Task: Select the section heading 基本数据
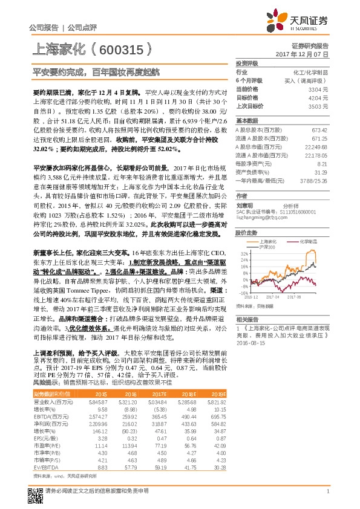(x=247, y=120)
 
